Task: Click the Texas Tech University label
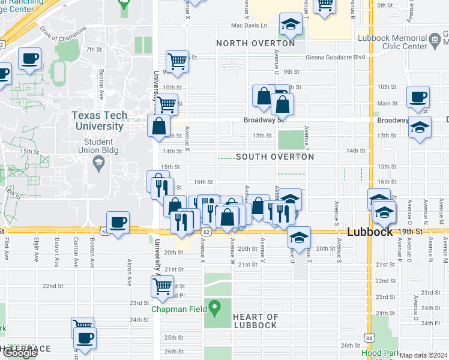click(x=99, y=121)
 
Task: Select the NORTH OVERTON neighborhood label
click(x=256, y=43)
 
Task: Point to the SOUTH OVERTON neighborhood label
click(x=275, y=157)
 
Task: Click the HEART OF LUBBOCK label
click(x=255, y=321)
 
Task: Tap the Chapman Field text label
click(x=178, y=310)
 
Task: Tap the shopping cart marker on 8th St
click(x=177, y=61)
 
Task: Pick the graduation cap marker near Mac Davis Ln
click(x=291, y=25)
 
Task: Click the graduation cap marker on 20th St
click(x=298, y=237)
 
